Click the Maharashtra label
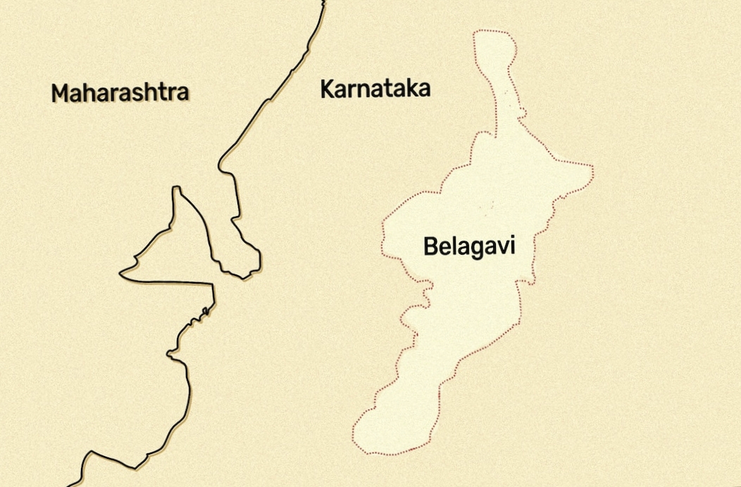(120, 93)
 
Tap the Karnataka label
(375, 89)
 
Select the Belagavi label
(469, 246)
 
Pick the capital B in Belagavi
(430, 246)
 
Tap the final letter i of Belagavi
(512, 246)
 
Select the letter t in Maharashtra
(160, 93)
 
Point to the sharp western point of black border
(120, 272)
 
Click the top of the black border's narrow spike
(176, 188)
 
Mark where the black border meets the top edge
(325, 2)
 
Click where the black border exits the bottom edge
(70, 484)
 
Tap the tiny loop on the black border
(204, 310)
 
